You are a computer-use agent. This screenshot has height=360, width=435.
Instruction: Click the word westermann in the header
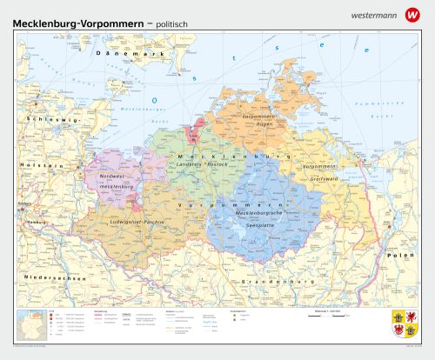pos(374,15)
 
